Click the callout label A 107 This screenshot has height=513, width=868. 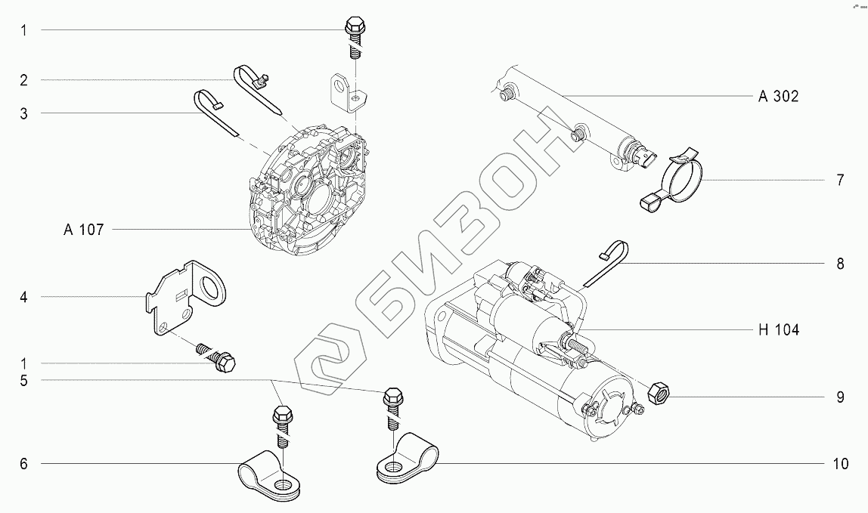pyautogui.click(x=83, y=230)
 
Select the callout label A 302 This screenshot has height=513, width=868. pyautogui.click(x=779, y=96)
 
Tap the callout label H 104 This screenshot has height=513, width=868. pyautogui.click(x=778, y=329)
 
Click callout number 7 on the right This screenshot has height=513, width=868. pyautogui.click(x=840, y=181)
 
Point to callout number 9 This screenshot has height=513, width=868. pyautogui.click(x=840, y=397)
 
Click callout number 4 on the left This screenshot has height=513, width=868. pyautogui.click(x=23, y=298)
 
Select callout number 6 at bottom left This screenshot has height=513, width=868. pyautogui.click(x=23, y=464)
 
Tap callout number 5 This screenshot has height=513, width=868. pyautogui.click(x=23, y=381)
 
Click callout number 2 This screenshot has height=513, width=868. pyautogui.click(x=23, y=79)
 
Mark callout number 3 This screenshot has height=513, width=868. pyautogui.click(x=23, y=113)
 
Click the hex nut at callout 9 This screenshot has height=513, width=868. pyautogui.click(x=659, y=392)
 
